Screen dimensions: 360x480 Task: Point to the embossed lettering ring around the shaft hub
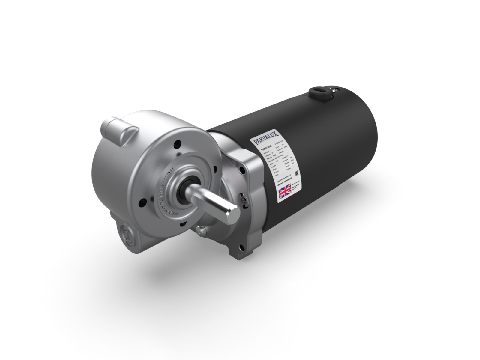point(168,195)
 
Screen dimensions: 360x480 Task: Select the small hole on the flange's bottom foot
point(242,248)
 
